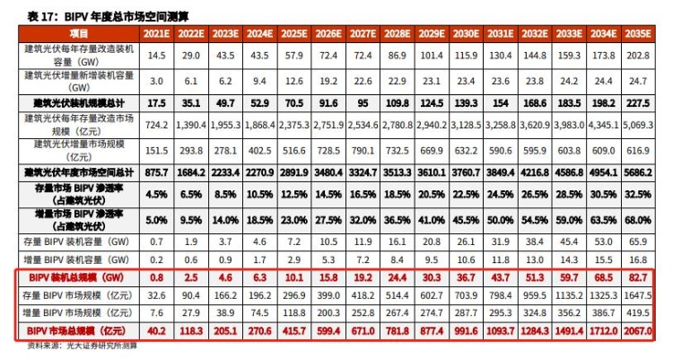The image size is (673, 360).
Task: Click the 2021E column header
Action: click(x=157, y=32)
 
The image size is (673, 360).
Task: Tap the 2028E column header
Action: click(x=398, y=32)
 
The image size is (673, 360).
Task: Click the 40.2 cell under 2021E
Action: click(x=157, y=332)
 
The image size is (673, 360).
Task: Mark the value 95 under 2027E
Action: click(x=363, y=102)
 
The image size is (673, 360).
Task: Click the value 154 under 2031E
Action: click(x=501, y=102)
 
